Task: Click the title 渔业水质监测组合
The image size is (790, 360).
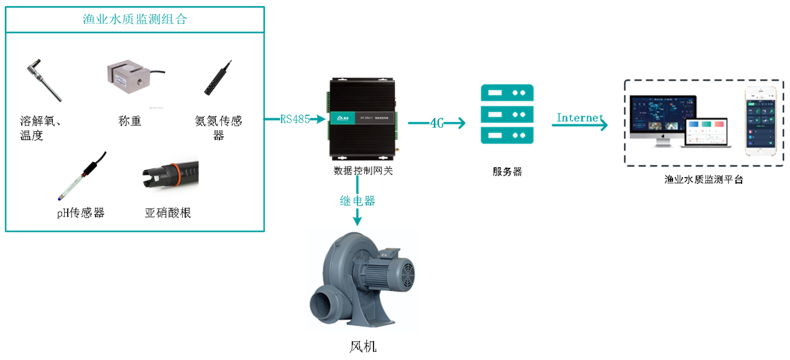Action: [135, 19]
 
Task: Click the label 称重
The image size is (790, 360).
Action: [130, 121]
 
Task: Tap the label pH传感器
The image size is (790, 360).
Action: [80, 213]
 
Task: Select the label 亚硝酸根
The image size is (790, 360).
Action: [168, 213]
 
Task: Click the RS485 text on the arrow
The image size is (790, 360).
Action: [295, 119]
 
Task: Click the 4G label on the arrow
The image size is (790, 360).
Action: [437, 123]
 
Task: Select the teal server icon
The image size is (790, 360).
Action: [507, 114]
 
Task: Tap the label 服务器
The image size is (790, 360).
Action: [507, 172]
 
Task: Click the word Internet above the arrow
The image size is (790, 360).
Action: [579, 118]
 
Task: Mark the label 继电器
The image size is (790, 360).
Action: [357, 201]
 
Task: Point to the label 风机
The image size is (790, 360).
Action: [363, 346]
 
